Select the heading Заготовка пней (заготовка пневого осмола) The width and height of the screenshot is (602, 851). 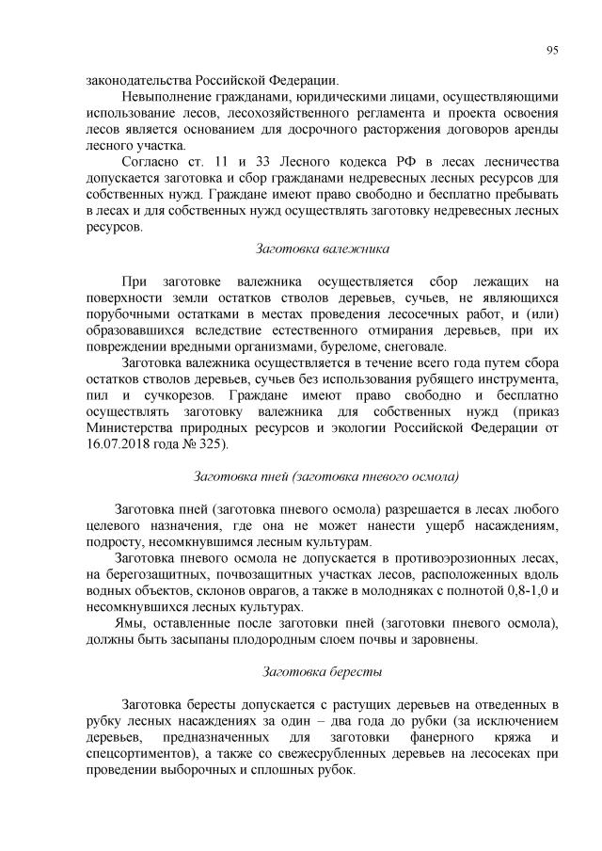[x=325, y=476]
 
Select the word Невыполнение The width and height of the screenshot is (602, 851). [x=167, y=97]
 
